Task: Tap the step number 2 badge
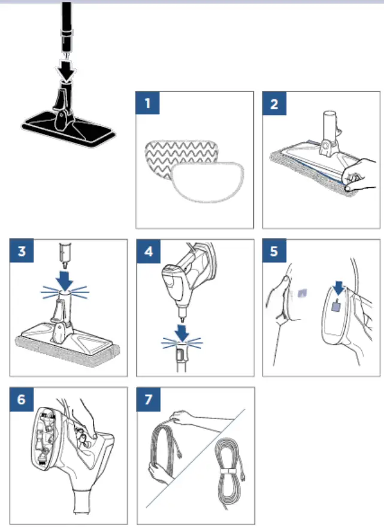[274, 104]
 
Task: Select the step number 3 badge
[21, 251]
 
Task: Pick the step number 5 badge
[274, 251]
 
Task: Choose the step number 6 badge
[21, 399]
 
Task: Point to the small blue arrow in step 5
[337, 288]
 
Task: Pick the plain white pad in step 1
[207, 183]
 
